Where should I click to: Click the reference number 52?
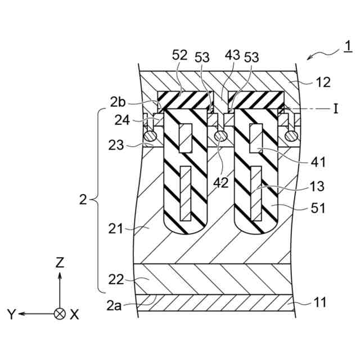point(180,55)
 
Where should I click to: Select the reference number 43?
point(232,55)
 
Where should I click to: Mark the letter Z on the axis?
point(60,262)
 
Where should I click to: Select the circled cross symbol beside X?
point(60,314)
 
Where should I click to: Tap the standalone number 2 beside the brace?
point(83,200)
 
